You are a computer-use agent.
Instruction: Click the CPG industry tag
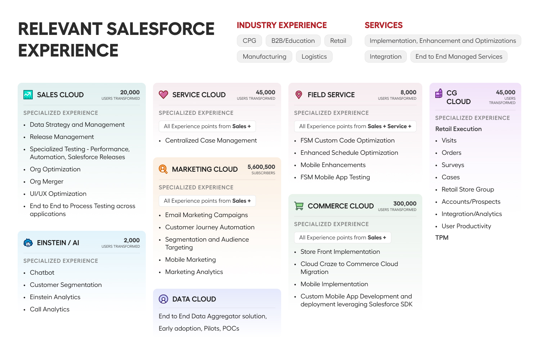[x=249, y=41]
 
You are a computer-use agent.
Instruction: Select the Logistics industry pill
[x=314, y=57]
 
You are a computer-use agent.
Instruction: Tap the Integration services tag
[x=385, y=57]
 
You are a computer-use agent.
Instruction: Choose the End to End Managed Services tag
[x=459, y=57]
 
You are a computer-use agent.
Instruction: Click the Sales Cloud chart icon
[x=28, y=95]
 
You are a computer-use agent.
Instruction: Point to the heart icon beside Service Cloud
[x=163, y=94]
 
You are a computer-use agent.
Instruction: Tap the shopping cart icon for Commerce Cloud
[x=299, y=206]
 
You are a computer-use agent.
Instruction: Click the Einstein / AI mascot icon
[x=28, y=243]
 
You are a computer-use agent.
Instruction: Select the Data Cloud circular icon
[x=163, y=299]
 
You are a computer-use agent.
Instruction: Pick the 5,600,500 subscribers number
[x=261, y=167]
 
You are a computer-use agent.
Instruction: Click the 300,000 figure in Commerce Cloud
[x=405, y=204]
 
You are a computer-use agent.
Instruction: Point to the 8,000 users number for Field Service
[x=408, y=93]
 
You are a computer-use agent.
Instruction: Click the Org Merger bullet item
[x=46, y=181]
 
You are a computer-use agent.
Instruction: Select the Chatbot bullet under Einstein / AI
[x=42, y=273]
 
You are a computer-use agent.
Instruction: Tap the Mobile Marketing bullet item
[x=190, y=260]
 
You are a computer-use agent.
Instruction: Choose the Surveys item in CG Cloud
[x=453, y=165]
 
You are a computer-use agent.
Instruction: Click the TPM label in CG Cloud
[x=442, y=238]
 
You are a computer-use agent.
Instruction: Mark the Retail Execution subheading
[x=458, y=129]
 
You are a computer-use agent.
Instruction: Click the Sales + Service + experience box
[x=355, y=126]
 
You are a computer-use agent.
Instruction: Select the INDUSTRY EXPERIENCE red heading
[x=282, y=25]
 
